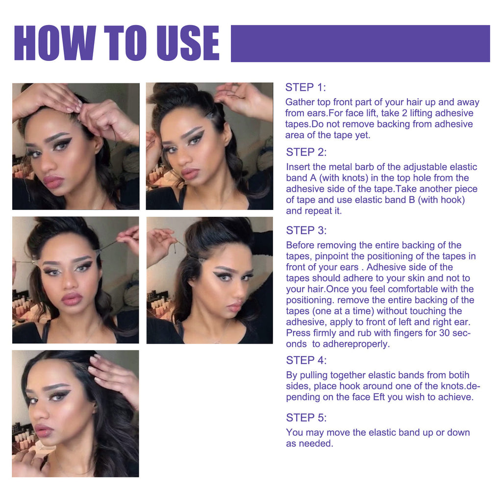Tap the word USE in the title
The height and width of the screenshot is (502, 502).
pyautogui.click(x=185, y=43)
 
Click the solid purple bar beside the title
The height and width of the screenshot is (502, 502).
pyautogui.click(x=360, y=43)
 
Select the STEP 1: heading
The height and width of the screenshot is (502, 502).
pyautogui.click(x=305, y=88)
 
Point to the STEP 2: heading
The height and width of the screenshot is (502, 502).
pyautogui.click(x=306, y=152)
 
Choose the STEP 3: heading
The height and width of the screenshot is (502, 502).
pyautogui.click(x=306, y=230)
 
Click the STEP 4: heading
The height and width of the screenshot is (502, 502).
pyautogui.click(x=306, y=360)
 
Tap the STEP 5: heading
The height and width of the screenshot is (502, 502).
pyautogui.click(x=306, y=418)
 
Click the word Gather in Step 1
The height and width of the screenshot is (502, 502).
pyautogui.click(x=300, y=102)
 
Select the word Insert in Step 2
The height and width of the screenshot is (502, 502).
pyautogui.click(x=297, y=167)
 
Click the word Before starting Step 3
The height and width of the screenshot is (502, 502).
pyautogui.click(x=300, y=245)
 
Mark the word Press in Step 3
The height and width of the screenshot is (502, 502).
pyautogui.click(x=298, y=333)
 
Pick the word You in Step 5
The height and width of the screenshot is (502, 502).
pyautogui.click(x=294, y=432)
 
